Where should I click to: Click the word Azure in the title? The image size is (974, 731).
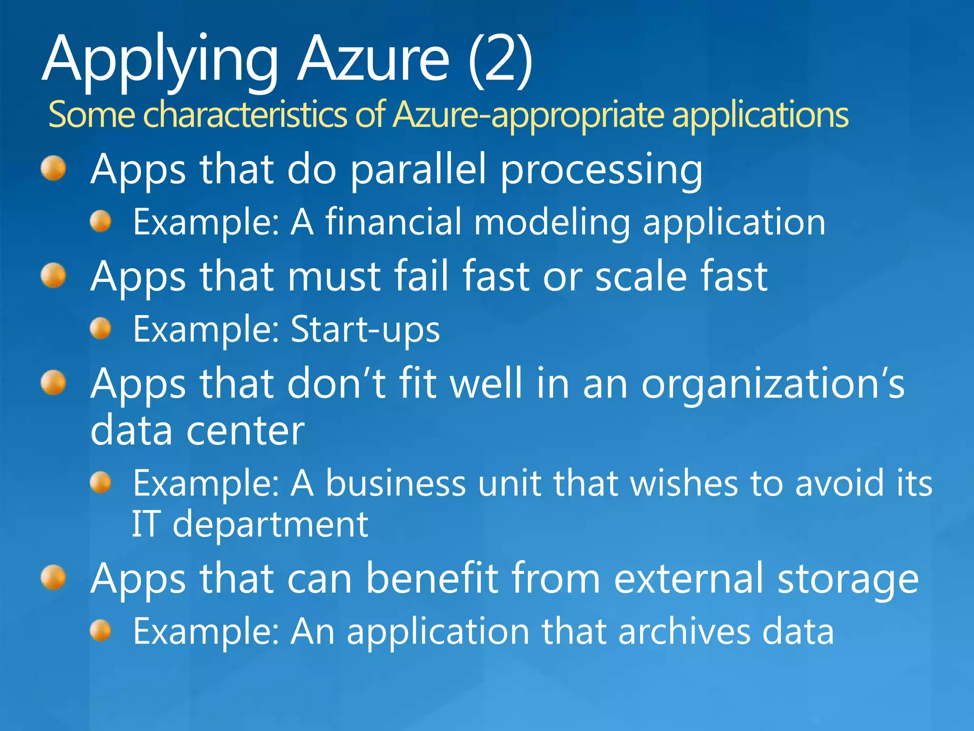373,59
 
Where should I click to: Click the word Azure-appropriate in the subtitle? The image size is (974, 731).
528,115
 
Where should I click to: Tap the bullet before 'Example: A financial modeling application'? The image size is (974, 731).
100,222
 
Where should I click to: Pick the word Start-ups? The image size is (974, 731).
365,329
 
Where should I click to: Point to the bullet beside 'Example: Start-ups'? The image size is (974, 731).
100,329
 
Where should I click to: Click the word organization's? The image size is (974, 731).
772,385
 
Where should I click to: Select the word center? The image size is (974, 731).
245,431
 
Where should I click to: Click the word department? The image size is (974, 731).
270,525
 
